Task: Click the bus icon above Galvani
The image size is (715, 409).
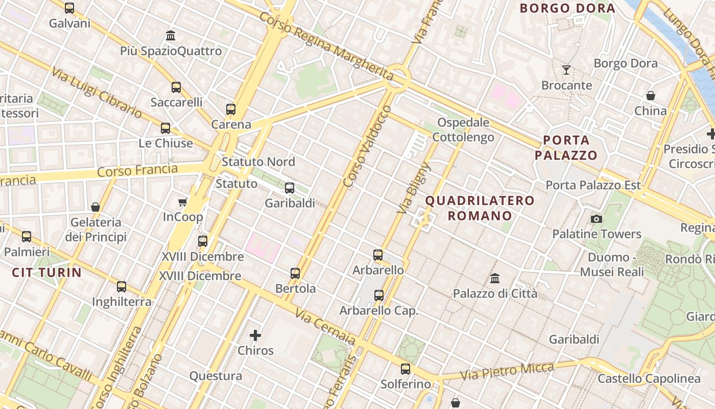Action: coord(69,8)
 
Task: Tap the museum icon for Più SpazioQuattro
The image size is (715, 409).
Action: coord(171,36)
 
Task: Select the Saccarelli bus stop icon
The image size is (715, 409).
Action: coord(176,87)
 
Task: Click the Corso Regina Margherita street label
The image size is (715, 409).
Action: coord(326,47)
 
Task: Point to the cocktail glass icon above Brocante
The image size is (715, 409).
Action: coord(566,70)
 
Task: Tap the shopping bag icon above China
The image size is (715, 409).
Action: coord(651,96)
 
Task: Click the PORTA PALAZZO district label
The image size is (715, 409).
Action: coord(566,148)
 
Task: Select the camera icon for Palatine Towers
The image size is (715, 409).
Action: coord(596,219)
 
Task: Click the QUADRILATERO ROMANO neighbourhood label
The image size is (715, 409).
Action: coord(480,208)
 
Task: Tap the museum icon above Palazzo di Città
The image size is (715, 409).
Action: coord(495,279)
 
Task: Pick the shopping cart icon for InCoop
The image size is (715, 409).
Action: coord(183,202)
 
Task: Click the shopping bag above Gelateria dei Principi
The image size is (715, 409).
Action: coord(96,207)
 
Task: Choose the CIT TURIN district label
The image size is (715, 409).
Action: coord(47,272)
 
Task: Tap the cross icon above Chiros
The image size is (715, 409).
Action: coord(255,335)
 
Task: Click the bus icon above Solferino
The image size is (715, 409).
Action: coord(406,369)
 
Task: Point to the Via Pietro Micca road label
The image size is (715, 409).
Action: coord(507,372)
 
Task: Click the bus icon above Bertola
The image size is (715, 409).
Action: coord(295,274)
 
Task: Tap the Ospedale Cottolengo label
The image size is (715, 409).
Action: coord(463,130)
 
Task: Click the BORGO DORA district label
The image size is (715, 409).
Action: coord(567,8)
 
